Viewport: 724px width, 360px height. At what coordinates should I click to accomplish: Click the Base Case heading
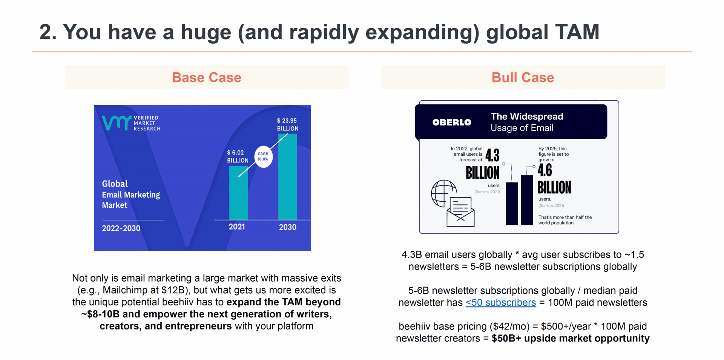tap(206, 77)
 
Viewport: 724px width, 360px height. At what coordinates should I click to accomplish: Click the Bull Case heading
tap(523, 77)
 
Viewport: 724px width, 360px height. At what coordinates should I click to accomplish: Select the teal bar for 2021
tap(238, 193)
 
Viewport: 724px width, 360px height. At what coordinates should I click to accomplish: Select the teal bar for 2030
tap(287, 177)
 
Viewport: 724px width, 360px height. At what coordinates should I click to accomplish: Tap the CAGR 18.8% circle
tap(263, 156)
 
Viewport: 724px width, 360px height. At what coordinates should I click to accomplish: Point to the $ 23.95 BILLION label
tap(288, 124)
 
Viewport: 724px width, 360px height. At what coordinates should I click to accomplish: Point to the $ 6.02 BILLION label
tap(238, 156)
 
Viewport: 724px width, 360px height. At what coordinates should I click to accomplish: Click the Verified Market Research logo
tap(131, 123)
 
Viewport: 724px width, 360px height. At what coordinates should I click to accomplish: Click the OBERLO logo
tap(452, 122)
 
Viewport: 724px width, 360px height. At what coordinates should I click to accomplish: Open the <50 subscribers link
tap(500, 303)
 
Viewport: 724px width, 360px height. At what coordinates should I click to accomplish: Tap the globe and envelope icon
tap(452, 203)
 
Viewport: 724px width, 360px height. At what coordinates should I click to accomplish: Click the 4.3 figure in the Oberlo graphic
tap(492, 155)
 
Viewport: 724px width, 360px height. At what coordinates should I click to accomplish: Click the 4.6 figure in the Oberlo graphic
tap(545, 170)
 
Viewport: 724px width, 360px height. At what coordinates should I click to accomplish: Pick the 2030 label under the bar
tap(287, 227)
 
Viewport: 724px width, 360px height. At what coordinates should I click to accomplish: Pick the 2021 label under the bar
tap(237, 227)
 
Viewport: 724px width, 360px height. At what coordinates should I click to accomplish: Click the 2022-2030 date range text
tap(121, 228)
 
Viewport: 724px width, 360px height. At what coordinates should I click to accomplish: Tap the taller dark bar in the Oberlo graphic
tap(527, 200)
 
